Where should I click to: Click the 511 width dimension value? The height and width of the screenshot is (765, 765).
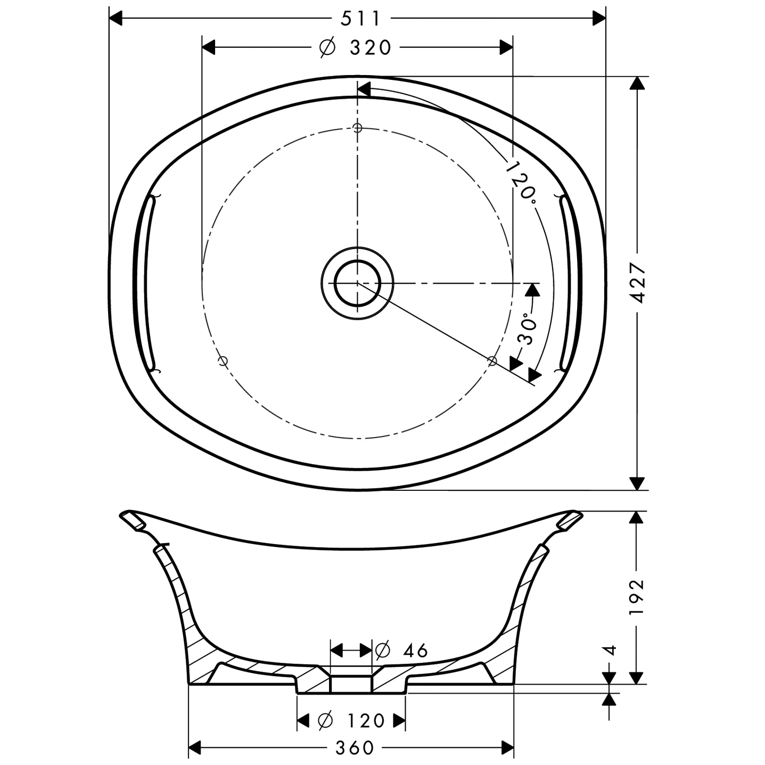click(360, 19)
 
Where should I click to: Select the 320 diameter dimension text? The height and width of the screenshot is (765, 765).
click(371, 47)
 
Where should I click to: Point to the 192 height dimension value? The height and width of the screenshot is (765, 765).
click(637, 597)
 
